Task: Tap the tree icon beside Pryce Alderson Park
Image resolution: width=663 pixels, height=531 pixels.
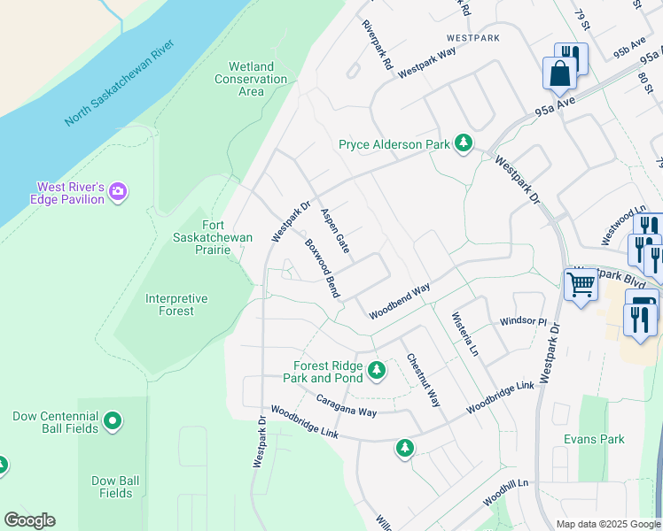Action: point(463,143)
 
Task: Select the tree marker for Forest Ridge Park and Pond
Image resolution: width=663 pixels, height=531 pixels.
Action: point(377,369)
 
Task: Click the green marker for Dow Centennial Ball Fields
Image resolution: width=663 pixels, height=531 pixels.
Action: point(113,422)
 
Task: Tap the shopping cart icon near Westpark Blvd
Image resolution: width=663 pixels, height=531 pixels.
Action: point(581,285)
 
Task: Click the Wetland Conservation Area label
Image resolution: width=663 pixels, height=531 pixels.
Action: point(251,79)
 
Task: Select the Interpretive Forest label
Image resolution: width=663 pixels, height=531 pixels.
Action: point(175,305)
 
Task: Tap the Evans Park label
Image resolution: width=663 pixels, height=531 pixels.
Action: point(594,439)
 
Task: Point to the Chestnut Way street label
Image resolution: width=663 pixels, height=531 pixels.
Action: point(423,381)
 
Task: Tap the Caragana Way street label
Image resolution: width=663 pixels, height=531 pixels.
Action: point(347,406)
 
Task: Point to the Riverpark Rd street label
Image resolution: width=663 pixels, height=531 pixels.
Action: point(377,45)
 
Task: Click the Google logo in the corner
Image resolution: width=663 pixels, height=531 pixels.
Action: point(29,520)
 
